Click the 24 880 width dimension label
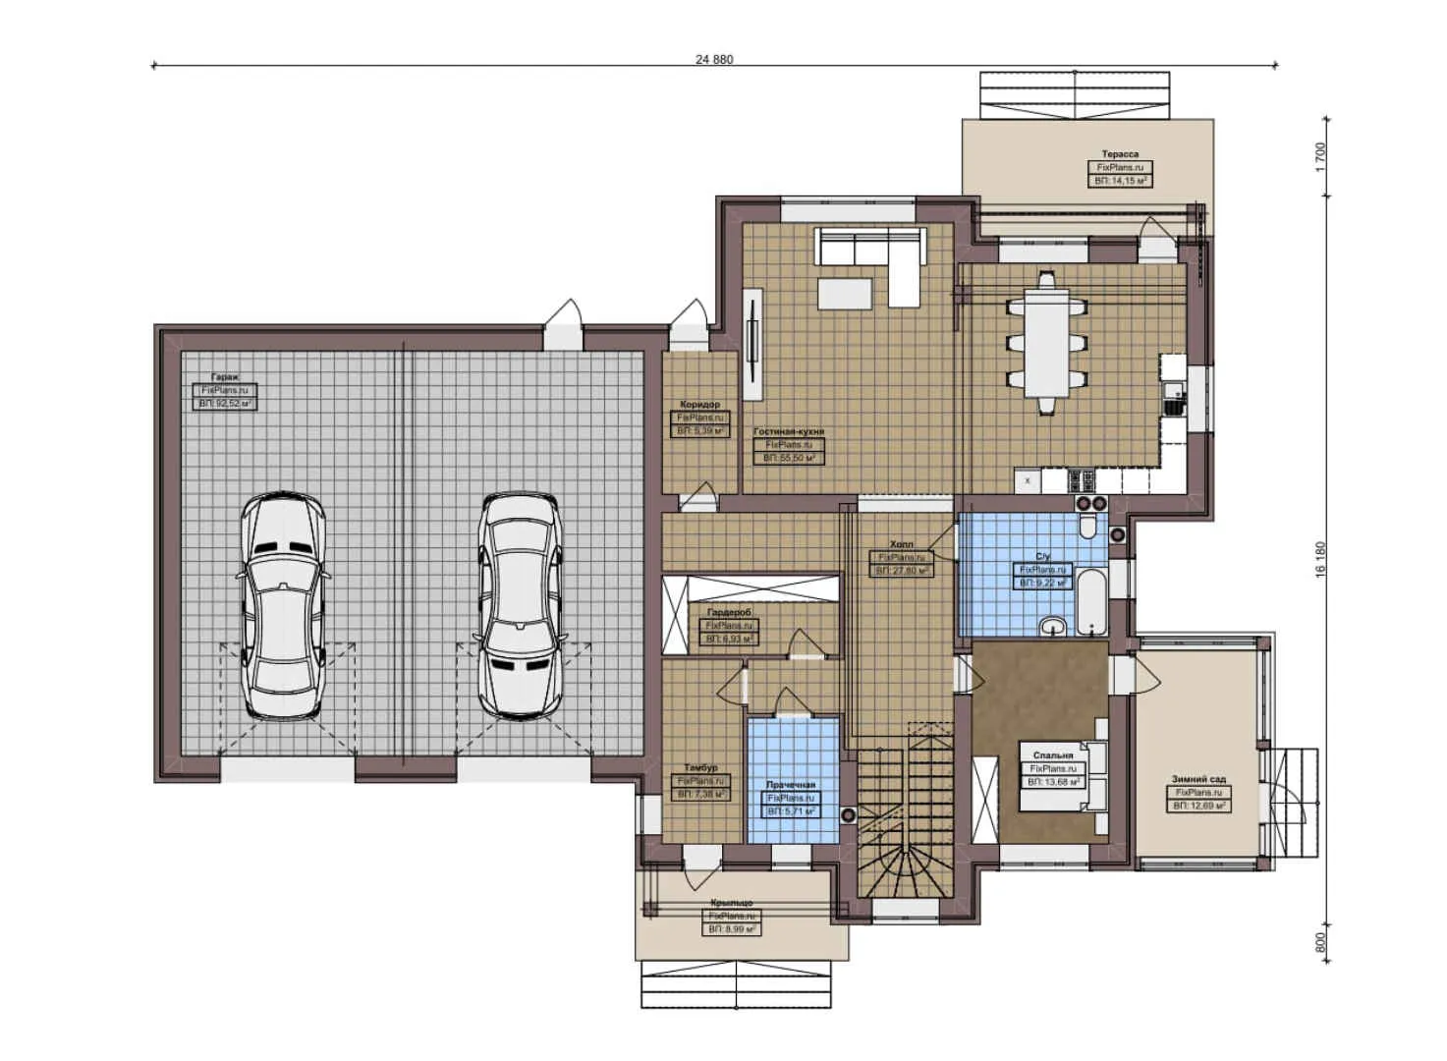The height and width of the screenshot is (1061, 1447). (714, 59)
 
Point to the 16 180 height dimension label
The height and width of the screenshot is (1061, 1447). (1320, 559)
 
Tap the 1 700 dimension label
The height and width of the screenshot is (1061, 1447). (1320, 156)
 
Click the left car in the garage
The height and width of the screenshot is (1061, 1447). (284, 606)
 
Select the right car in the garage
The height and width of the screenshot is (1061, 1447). (521, 604)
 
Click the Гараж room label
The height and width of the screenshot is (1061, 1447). (225, 377)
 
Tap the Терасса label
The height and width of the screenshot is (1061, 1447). (1120, 154)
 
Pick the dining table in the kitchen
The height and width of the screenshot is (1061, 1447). (1046, 343)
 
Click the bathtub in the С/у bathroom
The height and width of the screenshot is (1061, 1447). (1090, 599)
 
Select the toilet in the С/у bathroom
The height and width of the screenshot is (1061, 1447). (1087, 528)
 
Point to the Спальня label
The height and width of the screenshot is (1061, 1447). (1053, 755)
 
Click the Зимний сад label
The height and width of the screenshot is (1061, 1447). (1198, 779)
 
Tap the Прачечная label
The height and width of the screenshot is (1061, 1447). (791, 785)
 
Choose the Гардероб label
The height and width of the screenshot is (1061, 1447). (729, 612)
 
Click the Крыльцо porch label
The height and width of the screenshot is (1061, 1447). (731, 902)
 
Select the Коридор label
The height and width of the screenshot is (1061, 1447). (699, 404)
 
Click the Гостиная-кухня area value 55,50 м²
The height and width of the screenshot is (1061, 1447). (794, 458)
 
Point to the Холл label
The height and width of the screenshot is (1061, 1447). (901, 543)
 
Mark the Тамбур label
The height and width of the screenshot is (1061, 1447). (700, 767)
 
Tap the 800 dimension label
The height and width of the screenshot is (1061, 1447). (1320, 942)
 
